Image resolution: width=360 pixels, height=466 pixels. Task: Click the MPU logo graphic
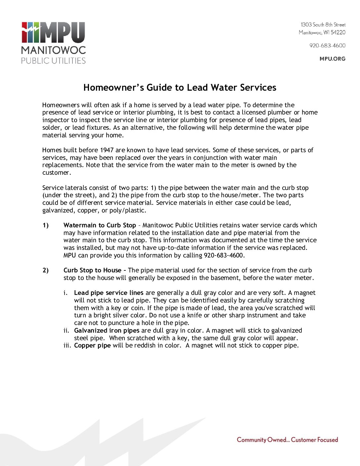(x=53, y=32)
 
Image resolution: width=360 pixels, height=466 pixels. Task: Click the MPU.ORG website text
(x=332, y=59)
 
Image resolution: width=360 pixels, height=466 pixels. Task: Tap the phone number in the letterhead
(x=327, y=45)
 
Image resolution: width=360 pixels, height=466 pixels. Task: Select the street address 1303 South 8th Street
(x=323, y=24)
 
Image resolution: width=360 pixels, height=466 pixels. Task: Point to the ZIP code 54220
(x=338, y=32)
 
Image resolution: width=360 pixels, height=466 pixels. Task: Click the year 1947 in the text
(x=107, y=150)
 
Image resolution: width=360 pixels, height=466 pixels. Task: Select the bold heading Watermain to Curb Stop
(x=100, y=225)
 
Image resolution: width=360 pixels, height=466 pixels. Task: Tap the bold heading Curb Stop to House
(x=92, y=270)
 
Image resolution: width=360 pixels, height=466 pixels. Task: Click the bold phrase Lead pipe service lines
(x=109, y=293)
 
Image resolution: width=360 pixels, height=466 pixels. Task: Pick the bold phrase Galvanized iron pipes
(x=107, y=330)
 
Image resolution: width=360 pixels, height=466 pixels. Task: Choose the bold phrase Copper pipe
(x=92, y=345)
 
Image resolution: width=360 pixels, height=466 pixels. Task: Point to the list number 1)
(x=46, y=225)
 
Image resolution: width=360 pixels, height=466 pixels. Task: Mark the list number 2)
(x=46, y=270)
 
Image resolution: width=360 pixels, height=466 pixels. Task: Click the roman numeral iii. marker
(x=67, y=345)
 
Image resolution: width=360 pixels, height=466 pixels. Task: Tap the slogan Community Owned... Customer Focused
(x=287, y=440)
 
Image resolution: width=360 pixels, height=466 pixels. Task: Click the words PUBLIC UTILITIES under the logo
(x=53, y=61)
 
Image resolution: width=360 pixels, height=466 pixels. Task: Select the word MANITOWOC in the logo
(x=53, y=50)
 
